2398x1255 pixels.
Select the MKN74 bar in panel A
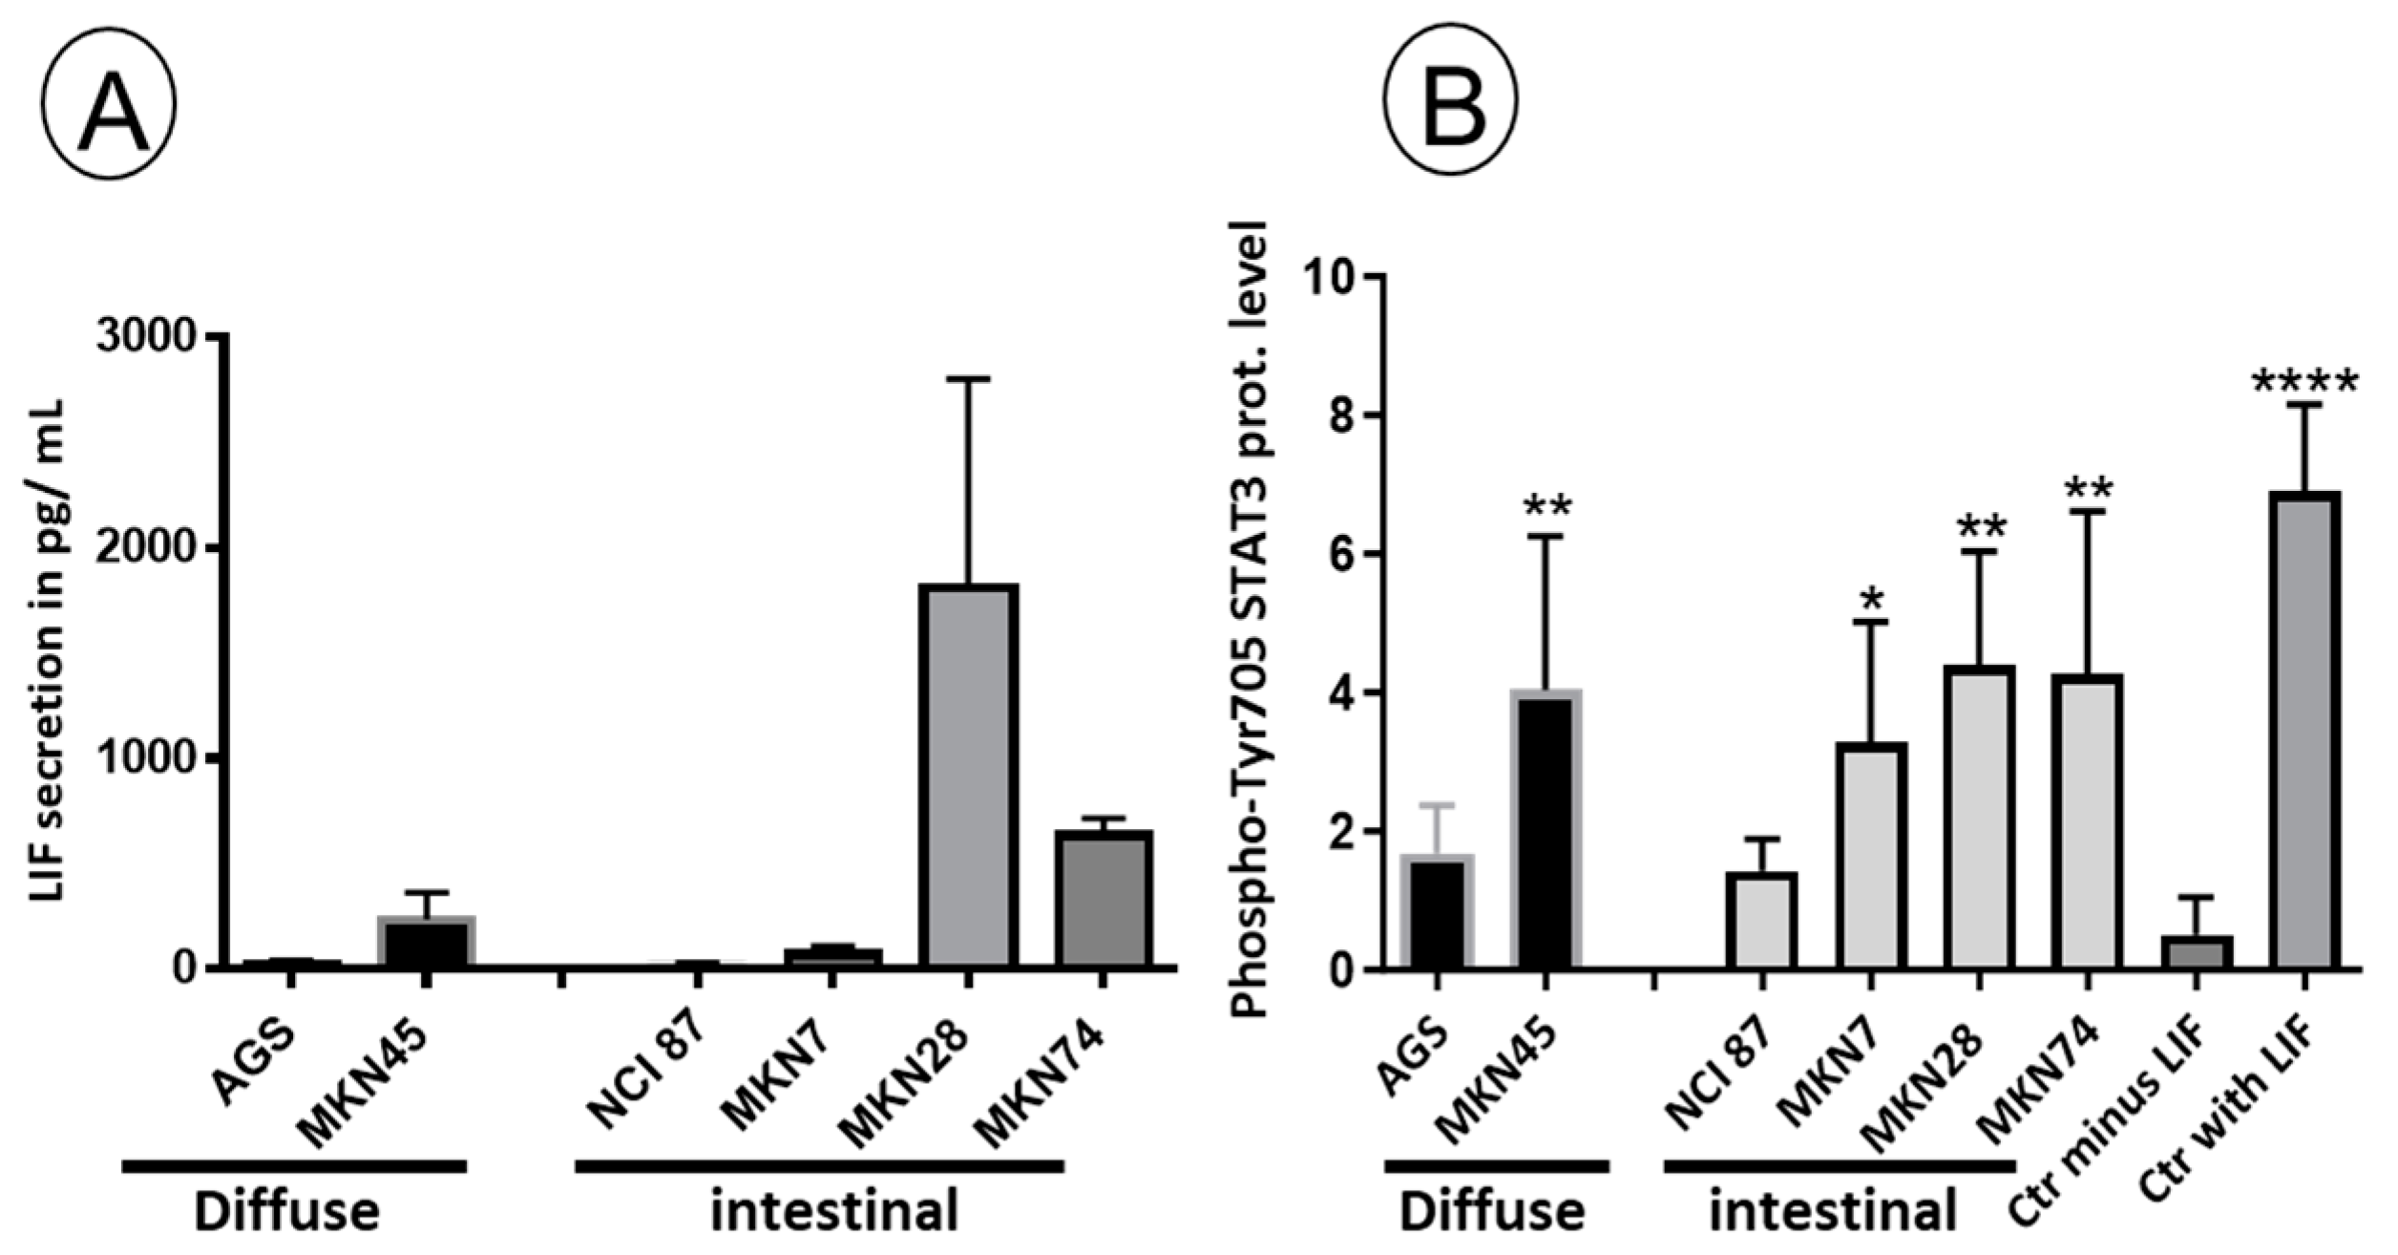[1103, 898]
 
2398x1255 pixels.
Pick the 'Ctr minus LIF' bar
[2196, 951]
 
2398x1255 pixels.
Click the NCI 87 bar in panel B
[1762, 920]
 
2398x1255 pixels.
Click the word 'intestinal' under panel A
[834, 1211]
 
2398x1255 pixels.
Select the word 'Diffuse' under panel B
[1492, 1211]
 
